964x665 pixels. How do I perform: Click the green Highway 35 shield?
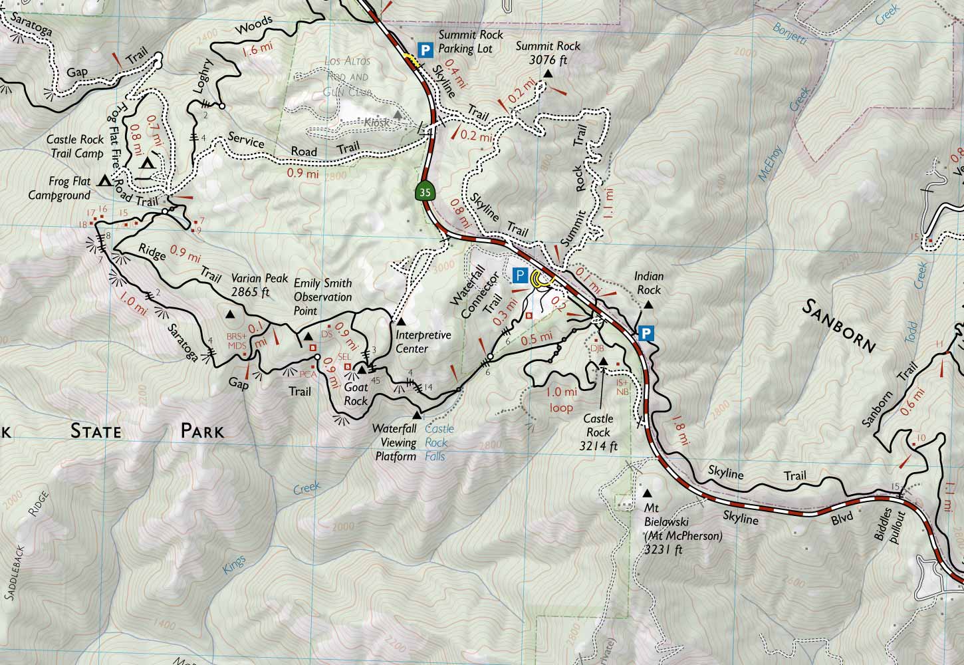coord(425,191)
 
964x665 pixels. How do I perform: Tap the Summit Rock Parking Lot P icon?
coord(425,49)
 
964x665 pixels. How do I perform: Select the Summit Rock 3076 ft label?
coord(547,53)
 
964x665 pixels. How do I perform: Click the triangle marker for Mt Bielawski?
coord(648,493)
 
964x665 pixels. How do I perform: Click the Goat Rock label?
coord(356,394)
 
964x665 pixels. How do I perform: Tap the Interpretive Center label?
coord(423,340)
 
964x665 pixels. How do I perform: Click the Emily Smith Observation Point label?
coord(322,297)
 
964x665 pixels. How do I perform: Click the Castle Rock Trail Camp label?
coord(75,147)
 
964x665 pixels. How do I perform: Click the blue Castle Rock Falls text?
coord(436,443)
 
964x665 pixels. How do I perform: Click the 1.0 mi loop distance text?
coord(561,400)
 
